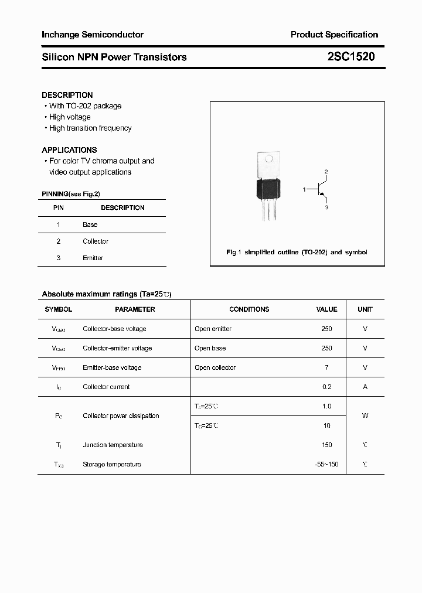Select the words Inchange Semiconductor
point(93,35)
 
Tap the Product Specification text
point(334,35)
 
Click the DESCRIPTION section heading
point(67,95)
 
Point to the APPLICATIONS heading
point(69,150)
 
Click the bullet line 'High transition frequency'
point(90,128)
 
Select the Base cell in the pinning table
point(90,224)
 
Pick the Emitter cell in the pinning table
point(93,258)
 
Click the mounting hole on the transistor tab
point(270,159)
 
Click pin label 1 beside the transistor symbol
point(304,189)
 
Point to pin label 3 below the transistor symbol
point(326,207)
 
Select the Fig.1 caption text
point(297,252)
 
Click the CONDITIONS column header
point(249,309)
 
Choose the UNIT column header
point(365,309)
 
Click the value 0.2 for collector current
point(326,387)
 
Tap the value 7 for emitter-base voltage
point(326,367)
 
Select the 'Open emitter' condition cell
point(213,329)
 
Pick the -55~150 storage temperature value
point(326,464)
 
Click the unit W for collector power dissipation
point(365,415)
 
